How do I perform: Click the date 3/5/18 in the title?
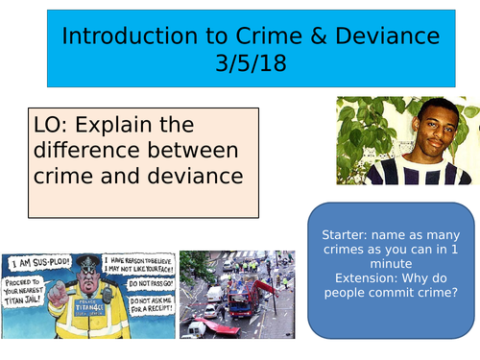coord(251,63)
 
